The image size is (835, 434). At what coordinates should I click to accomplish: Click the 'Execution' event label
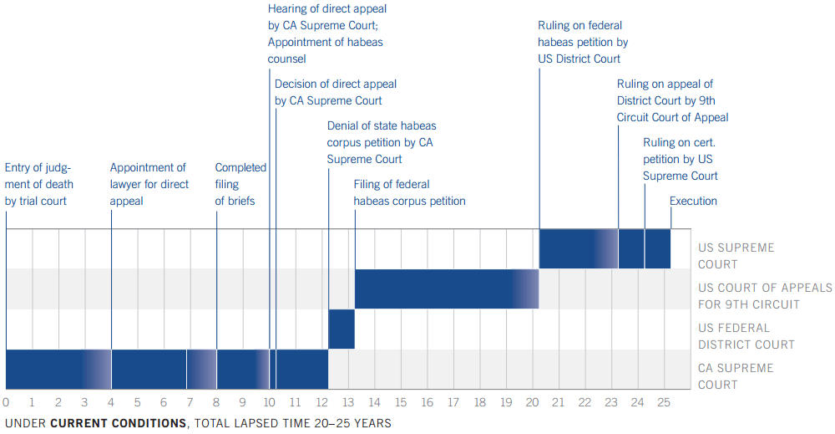(x=693, y=201)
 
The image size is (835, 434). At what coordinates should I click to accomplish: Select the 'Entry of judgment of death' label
(x=39, y=184)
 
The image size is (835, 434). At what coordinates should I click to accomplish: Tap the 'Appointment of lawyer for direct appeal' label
(x=149, y=184)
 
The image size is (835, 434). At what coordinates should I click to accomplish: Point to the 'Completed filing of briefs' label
(x=240, y=184)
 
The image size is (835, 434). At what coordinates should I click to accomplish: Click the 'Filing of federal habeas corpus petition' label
(x=409, y=192)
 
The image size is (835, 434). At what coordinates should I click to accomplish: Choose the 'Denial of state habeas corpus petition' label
(x=380, y=142)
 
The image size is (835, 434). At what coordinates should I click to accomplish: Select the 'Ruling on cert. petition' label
(x=680, y=159)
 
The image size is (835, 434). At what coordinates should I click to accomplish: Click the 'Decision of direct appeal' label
(x=336, y=92)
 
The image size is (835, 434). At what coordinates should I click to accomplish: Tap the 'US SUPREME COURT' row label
(x=736, y=256)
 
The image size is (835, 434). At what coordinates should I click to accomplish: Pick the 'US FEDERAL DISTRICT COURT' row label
(x=746, y=336)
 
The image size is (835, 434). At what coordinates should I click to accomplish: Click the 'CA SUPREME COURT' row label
(x=736, y=376)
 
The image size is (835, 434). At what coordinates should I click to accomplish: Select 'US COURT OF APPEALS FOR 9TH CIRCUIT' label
(x=765, y=296)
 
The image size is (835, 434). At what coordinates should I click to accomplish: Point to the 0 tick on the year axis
(x=6, y=402)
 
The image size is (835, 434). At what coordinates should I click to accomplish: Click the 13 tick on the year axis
(x=347, y=402)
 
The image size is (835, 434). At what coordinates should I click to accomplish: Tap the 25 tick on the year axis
(x=663, y=402)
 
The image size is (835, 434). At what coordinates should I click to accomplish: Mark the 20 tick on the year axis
(x=532, y=402)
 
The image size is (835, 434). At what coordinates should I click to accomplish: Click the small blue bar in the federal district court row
(x=342, y=329)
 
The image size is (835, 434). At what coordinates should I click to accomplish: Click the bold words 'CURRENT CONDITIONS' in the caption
(x=118, y=423)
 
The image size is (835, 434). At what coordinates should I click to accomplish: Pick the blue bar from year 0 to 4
(x=54, y=369)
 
